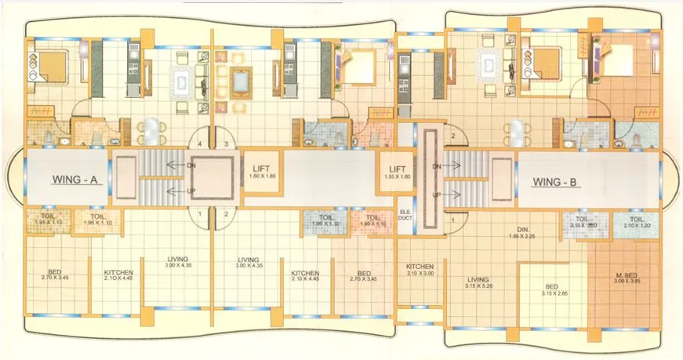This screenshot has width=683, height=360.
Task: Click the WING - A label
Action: (x=74, y=179)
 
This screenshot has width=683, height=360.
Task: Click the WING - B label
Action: (x=555, y=182)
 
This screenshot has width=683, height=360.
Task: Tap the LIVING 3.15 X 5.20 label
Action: (x=478, y=282)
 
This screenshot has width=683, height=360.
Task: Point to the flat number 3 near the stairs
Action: (x=227, y=144)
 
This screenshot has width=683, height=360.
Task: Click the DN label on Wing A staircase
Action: (x=191, y=166)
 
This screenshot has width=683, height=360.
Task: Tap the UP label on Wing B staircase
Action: (x=436, y=194)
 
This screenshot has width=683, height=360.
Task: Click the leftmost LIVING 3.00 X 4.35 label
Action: (x=180, y=263)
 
